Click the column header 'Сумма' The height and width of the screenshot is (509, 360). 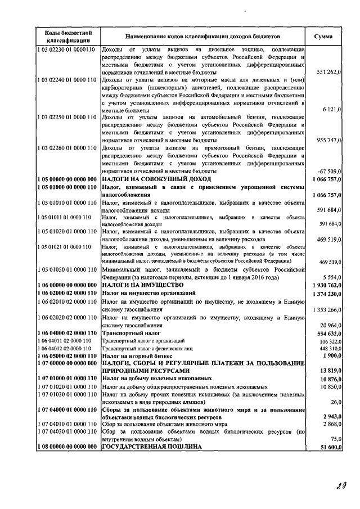[x=323, y=37]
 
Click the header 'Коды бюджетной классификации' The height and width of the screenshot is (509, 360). [x=65, y=37]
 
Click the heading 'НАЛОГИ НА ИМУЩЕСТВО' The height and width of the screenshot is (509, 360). [x=139, y=285]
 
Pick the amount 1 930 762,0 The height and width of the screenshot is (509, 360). [x=326, y=285]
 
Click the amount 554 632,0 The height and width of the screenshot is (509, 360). [x=328, y=334]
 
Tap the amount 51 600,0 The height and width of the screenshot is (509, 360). [x=329, y=446]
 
